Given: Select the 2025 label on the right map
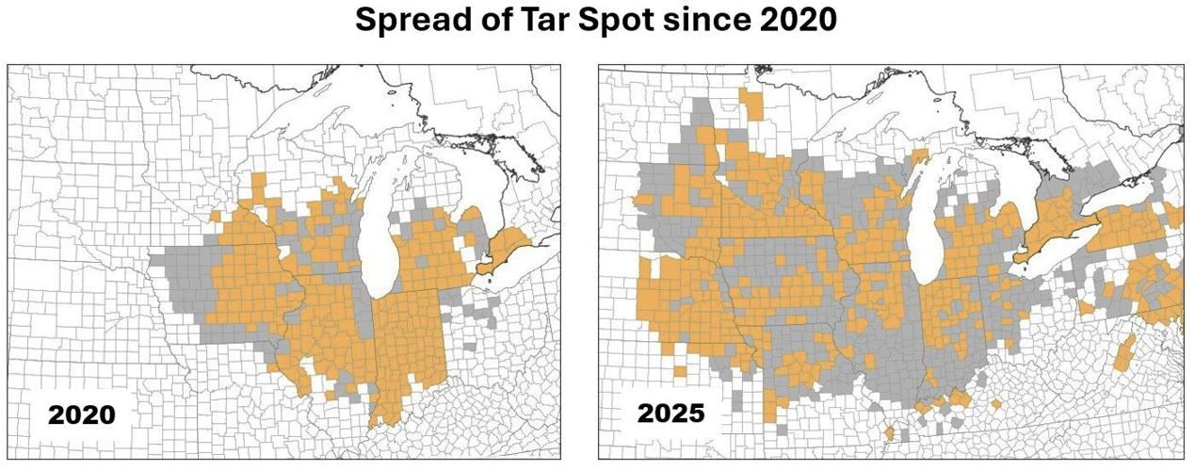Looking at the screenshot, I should pos(670,413).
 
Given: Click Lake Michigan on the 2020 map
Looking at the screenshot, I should pos(379,235).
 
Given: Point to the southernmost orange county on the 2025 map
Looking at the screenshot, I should pos(889,433).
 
